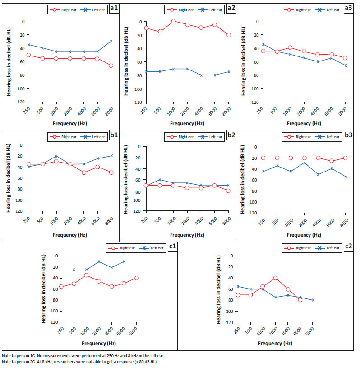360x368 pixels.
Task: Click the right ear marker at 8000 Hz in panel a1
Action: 111,65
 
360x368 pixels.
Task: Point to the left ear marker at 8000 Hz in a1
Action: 111,41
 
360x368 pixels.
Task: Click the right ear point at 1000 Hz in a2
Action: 173,21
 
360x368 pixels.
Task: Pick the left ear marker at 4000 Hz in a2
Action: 201,75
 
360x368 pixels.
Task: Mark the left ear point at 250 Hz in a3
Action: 263,44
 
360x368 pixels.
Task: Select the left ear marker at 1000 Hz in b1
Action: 56,156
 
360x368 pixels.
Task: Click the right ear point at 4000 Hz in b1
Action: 84,172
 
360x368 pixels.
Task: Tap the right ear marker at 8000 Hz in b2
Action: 229,191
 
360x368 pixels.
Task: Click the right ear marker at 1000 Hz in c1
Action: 86,275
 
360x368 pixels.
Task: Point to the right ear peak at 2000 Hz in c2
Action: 275,278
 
